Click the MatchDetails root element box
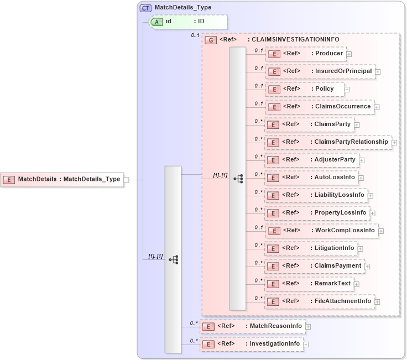pos(62,179)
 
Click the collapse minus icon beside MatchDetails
pos(127,179)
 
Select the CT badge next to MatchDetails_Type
pos(145,8)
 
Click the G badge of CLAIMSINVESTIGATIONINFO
pos(210,40)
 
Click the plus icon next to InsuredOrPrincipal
pos(378,71)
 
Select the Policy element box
pos(305,89)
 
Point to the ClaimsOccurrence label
pos(343,106)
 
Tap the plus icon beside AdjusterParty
pos(362,160)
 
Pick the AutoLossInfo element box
pos(311,177)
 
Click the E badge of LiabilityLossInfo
pos(273,195)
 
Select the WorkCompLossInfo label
pos(345,230)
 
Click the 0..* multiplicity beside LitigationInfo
pos(258,245)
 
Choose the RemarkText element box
pos(310,283)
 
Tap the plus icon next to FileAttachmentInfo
pos(378,301)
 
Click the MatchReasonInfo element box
pos(252,326)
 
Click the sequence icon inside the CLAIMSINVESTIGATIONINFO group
pos(238,179)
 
